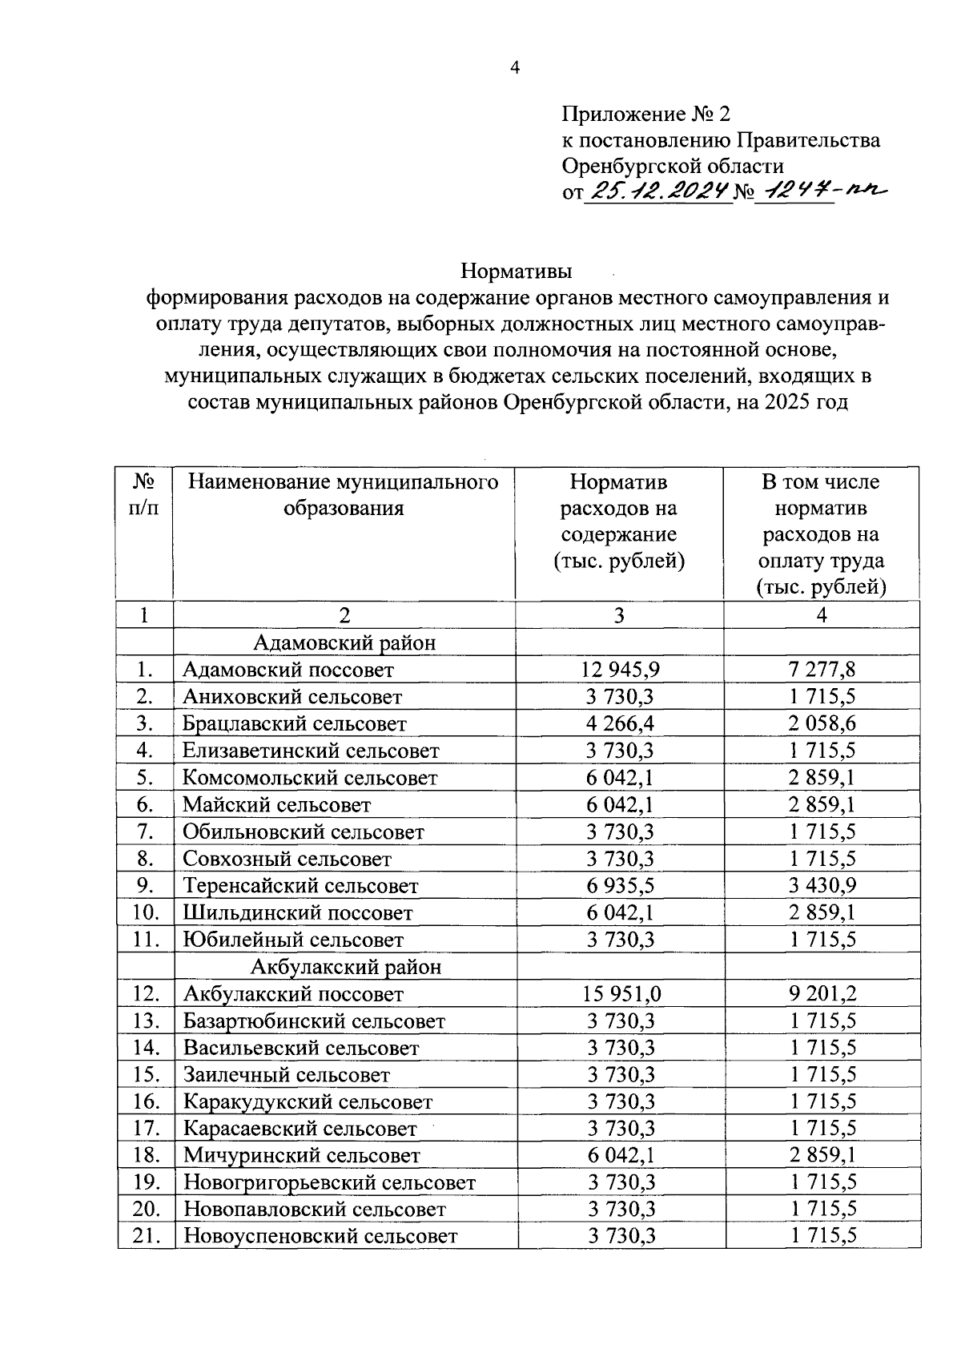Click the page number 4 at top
515,68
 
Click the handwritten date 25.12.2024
659,191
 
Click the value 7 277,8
822,669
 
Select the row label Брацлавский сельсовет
295,723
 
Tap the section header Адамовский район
344,642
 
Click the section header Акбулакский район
346,966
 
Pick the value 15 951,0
622,993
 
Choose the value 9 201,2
822,993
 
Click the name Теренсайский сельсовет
300,885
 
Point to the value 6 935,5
621,885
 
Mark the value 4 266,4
621,723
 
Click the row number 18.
146,1155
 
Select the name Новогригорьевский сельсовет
329,1182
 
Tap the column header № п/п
144,495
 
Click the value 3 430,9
822,885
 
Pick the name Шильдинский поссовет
298,912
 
